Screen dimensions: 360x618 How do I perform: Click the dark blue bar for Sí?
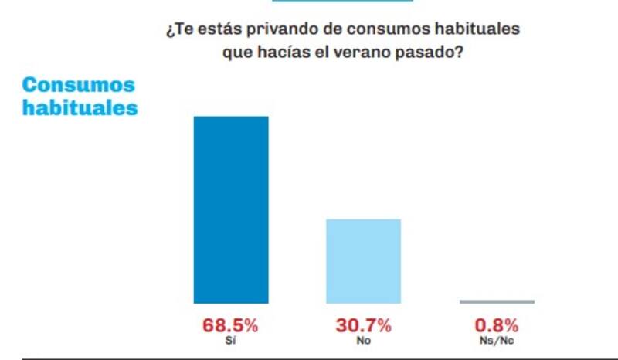pos(230,209)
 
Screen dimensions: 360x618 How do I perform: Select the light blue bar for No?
pos(363,261)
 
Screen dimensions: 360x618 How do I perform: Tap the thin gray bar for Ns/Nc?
pos(496,301)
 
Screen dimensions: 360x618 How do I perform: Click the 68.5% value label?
pos(230,325)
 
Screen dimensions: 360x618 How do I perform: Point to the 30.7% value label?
pos(363,325)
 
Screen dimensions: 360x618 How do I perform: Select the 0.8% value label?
pos(496,325)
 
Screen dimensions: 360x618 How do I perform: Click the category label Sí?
pos(230,340)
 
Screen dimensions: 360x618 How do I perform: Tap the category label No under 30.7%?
pos(363,340)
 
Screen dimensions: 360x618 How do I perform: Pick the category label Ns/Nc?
pos(496,340)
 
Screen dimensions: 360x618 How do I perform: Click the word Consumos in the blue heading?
pos(78,85)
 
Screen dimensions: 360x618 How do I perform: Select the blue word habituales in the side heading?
pos(80,107)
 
